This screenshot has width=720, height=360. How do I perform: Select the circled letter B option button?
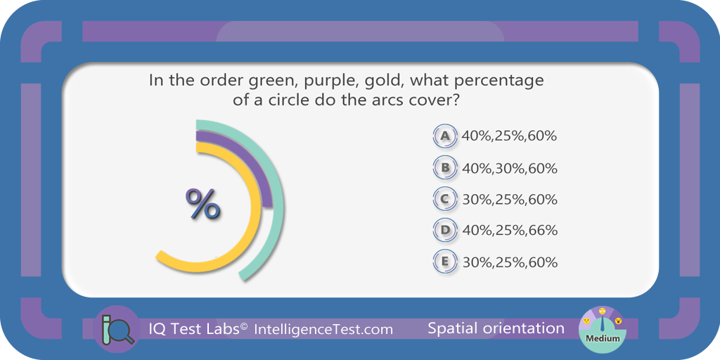coord(444,168)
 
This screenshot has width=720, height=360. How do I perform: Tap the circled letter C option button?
coord(444,200)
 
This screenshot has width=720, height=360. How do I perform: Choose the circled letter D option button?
coord(444,230)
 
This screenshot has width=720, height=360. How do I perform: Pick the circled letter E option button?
coord(444,262)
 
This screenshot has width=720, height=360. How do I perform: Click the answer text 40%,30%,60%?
coord(509,169)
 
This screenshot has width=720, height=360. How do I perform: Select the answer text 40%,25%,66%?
coord(509,230)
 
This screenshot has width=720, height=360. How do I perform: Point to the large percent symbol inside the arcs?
coord(202,205)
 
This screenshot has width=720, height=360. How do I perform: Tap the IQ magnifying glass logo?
coord(116,329)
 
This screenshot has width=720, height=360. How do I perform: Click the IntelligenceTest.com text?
coord(323,329)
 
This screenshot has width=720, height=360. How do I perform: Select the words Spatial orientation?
coord(496,328)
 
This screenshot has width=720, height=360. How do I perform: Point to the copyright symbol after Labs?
coord(244,326)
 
